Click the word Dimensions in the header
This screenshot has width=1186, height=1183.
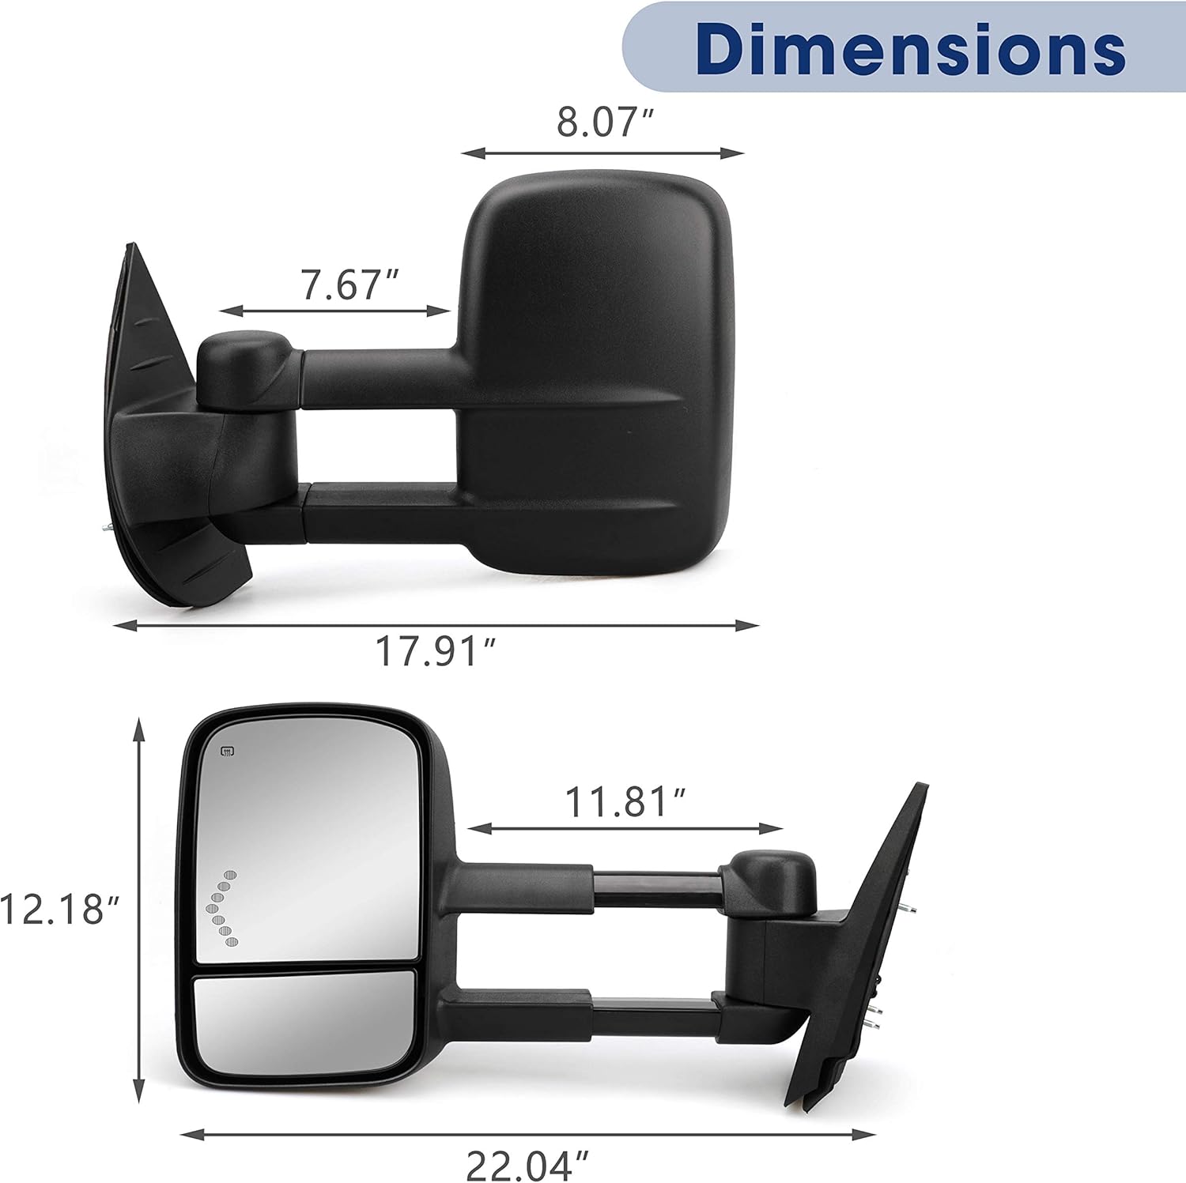[x=910, y=48]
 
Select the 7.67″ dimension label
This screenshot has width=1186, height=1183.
[x=349, y=284]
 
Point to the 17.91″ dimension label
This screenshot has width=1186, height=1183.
[x=436, y=652]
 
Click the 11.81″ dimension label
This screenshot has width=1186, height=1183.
[x=625, y=802]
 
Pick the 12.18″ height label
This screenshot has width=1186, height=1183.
[x=59, y=909]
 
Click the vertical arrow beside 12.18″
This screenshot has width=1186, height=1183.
[x=140, y=909]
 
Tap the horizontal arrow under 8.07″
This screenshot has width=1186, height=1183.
[x=602, y=153]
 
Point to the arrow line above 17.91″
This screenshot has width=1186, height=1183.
[x=436, y=625]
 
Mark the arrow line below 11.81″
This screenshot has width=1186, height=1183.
[x=625, y=829]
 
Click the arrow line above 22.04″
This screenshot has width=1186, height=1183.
[x=527, y=1135]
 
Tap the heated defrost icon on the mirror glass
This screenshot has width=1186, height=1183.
[x=227, y=752]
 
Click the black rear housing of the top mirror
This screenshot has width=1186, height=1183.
[x=597, y=371]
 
